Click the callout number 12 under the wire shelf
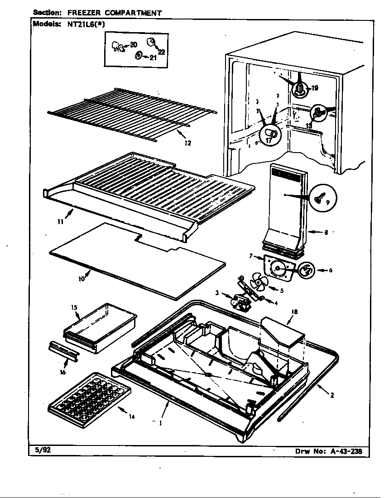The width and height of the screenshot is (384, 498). pyautogui.click(x=187, y=143)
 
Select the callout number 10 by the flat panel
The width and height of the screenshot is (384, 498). pyautogui.click(x=81, y=279)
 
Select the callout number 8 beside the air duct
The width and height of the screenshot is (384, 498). pyautogui.click(x=326, y=233)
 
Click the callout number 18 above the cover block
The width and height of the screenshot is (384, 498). pyautogui.click(x=294, y=311)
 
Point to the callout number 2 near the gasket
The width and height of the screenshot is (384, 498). pyautogui.click(x=332, y=395)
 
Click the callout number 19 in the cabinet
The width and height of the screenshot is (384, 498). pyautogui.click(x=315, y=89)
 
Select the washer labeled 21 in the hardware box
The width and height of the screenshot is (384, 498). pyautogui.click(x=139, y=56)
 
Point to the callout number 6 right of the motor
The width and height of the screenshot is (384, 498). pyautogui.click(x=331, y=270)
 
